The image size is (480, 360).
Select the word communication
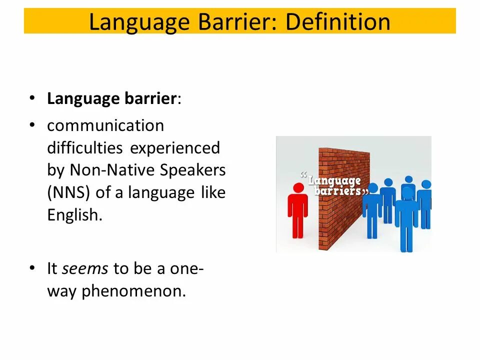[x=105, y=125]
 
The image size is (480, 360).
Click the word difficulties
[x=85, y=148]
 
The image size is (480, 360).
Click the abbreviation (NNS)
[x=68, y=192]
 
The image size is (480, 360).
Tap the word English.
[x=74, y=215]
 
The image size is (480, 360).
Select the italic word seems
[x=85, y=268]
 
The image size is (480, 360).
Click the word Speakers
[x=193, y=170]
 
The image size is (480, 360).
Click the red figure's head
[x=298, y=188]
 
